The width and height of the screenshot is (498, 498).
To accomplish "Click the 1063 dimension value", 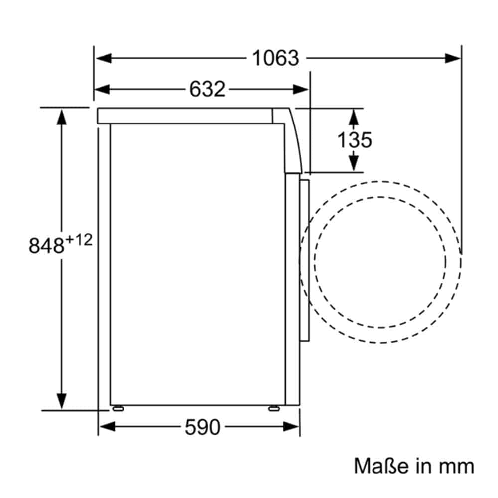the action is pyautogui.click(x=275, y=58).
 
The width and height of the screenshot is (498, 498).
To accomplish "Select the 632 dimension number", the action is pyautogui.click(x=207, y=89).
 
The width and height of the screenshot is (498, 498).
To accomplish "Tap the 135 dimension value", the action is pyautogui.click(x=354, y=140).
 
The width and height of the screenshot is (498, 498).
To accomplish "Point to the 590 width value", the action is pyautogui.click(x=202, y=427).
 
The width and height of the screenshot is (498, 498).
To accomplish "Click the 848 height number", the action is pyautogui.click(x=46, y=246).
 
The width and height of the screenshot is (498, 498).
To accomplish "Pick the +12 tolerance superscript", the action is pyautogui.click(x=79, y=240).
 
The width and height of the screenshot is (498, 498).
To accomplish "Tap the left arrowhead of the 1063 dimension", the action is pyautogui.click(x=104, y=58).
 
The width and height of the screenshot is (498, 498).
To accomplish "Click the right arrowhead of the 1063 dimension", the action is pyautogui.click(x=452, y=58).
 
